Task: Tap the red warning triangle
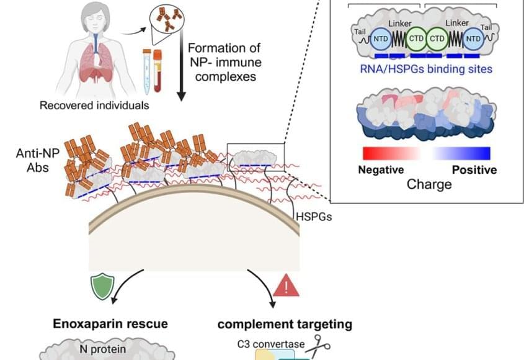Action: [286, 287]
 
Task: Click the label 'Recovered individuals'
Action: [94, 105]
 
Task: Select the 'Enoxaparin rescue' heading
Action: [110, 323]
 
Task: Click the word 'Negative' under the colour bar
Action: [381, 169]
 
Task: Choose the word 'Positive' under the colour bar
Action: [474, 169]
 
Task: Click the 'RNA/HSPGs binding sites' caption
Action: [427, 69]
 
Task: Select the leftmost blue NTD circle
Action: [380, 42]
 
